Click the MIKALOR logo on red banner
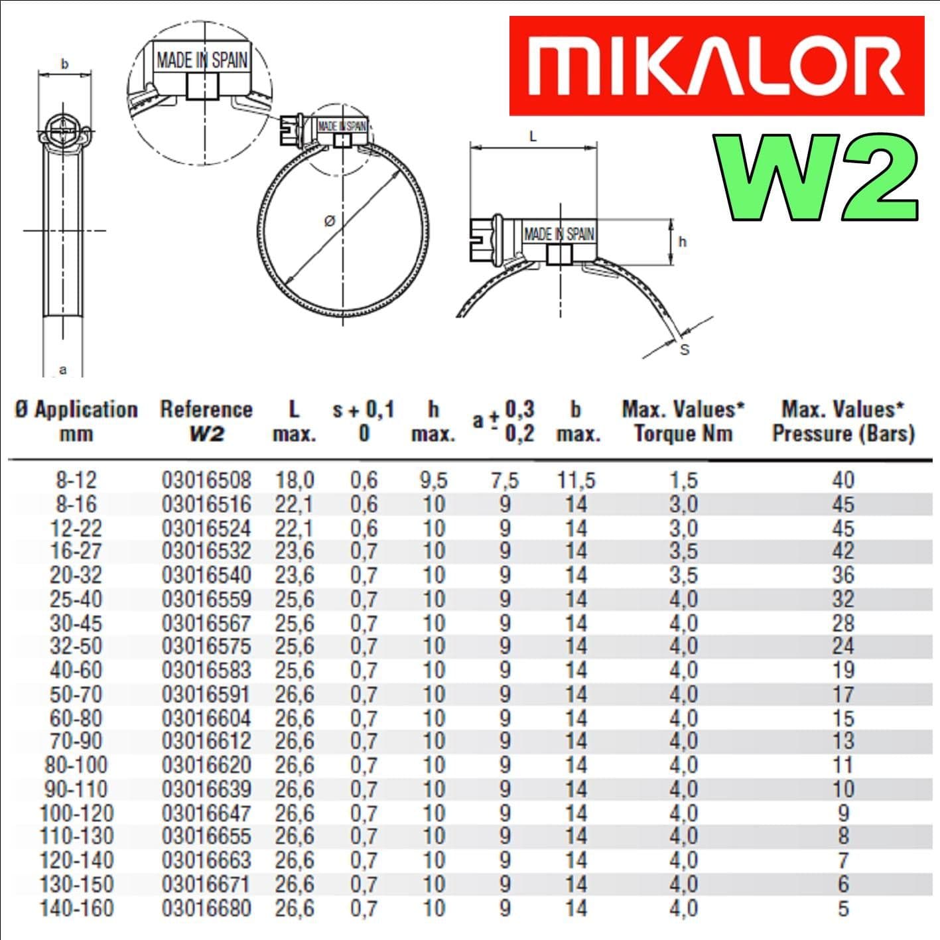point(716,66)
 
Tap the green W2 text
point(817,178)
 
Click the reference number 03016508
point(206,480)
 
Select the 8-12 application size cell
point(76,480)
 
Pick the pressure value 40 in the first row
point(842,480)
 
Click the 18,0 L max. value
point(295,480)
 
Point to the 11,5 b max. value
point(576,480)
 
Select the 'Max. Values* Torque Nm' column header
point(683,421)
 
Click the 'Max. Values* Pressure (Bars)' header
point(842,421)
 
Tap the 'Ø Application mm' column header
point(76,421)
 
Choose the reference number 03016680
point(206,908)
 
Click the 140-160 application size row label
point(76,908)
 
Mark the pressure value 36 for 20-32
point(842,574)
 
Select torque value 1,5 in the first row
point(683,480)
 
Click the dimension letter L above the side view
point(533,137)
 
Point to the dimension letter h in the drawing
point(683,242)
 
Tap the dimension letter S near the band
point(685,350)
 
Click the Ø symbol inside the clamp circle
point(330,222)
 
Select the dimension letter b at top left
point(64,64)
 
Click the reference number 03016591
point(206,695)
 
